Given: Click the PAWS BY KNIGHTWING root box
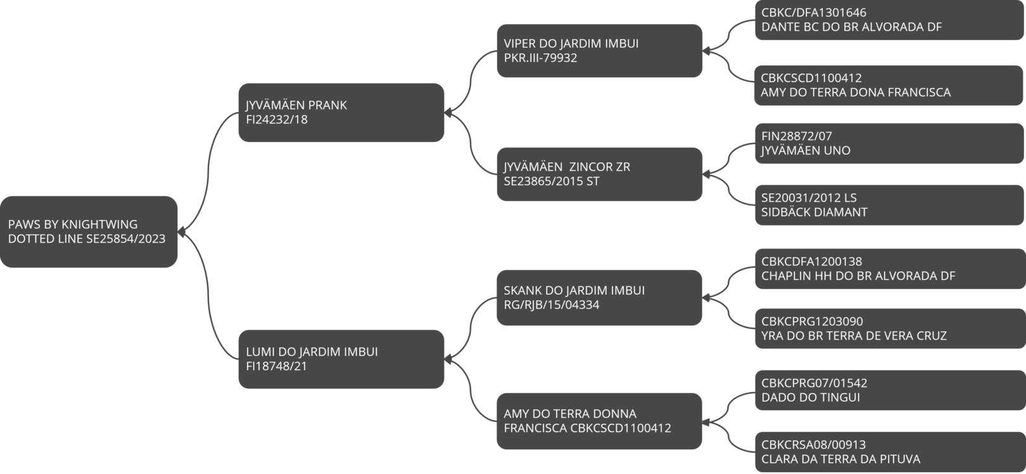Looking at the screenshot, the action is click(x=89, y=232).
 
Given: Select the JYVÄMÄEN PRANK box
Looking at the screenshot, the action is click(x=341, y=113).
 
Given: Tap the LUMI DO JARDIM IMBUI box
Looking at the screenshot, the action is click(x=341, y=359).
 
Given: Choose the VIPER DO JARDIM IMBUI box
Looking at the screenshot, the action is click(x=600, y=51).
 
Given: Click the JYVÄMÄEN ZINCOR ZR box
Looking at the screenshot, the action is click(x=600, y=174).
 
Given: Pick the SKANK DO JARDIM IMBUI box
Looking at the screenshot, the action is click(x=600, y=298).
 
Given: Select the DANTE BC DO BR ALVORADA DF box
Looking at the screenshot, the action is click(x=889, y=20).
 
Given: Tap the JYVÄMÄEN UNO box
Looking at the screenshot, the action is click(x=889, y=143).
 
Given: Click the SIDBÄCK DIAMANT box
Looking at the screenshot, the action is click(x=889, y=205).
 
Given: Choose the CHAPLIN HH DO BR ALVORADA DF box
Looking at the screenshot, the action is click(x=890, y=269).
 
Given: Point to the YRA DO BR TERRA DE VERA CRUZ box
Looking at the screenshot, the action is click(x=890, y=329).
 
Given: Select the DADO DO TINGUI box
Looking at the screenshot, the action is click(x=890, y=390).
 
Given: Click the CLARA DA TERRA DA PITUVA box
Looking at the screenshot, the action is click(x=890, y=452).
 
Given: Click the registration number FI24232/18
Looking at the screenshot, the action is click(x=277, y=120).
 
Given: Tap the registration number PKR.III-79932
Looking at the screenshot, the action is click(x=540, y=58).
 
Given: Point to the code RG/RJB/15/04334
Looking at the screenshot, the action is click(x=552, y=305).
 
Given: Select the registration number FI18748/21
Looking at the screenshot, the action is click(x=276, y=366).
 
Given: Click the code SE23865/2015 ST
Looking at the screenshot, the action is click(x=552, y=181).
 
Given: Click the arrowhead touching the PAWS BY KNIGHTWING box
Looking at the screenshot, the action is click(x=181, y=232).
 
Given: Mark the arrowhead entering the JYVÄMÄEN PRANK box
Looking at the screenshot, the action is click(x=448, y=113).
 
